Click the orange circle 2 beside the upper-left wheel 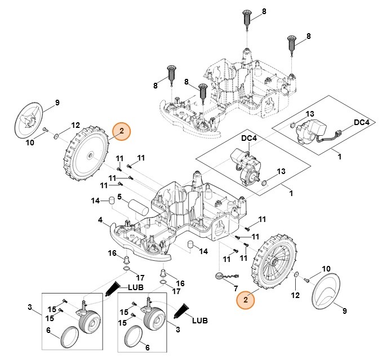[x=122, y=131]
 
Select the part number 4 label [x=100, y=219]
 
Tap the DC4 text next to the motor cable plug [x=362, y=122]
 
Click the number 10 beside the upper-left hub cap [x=30, y=143]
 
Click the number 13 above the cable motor [x=310, y=114]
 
